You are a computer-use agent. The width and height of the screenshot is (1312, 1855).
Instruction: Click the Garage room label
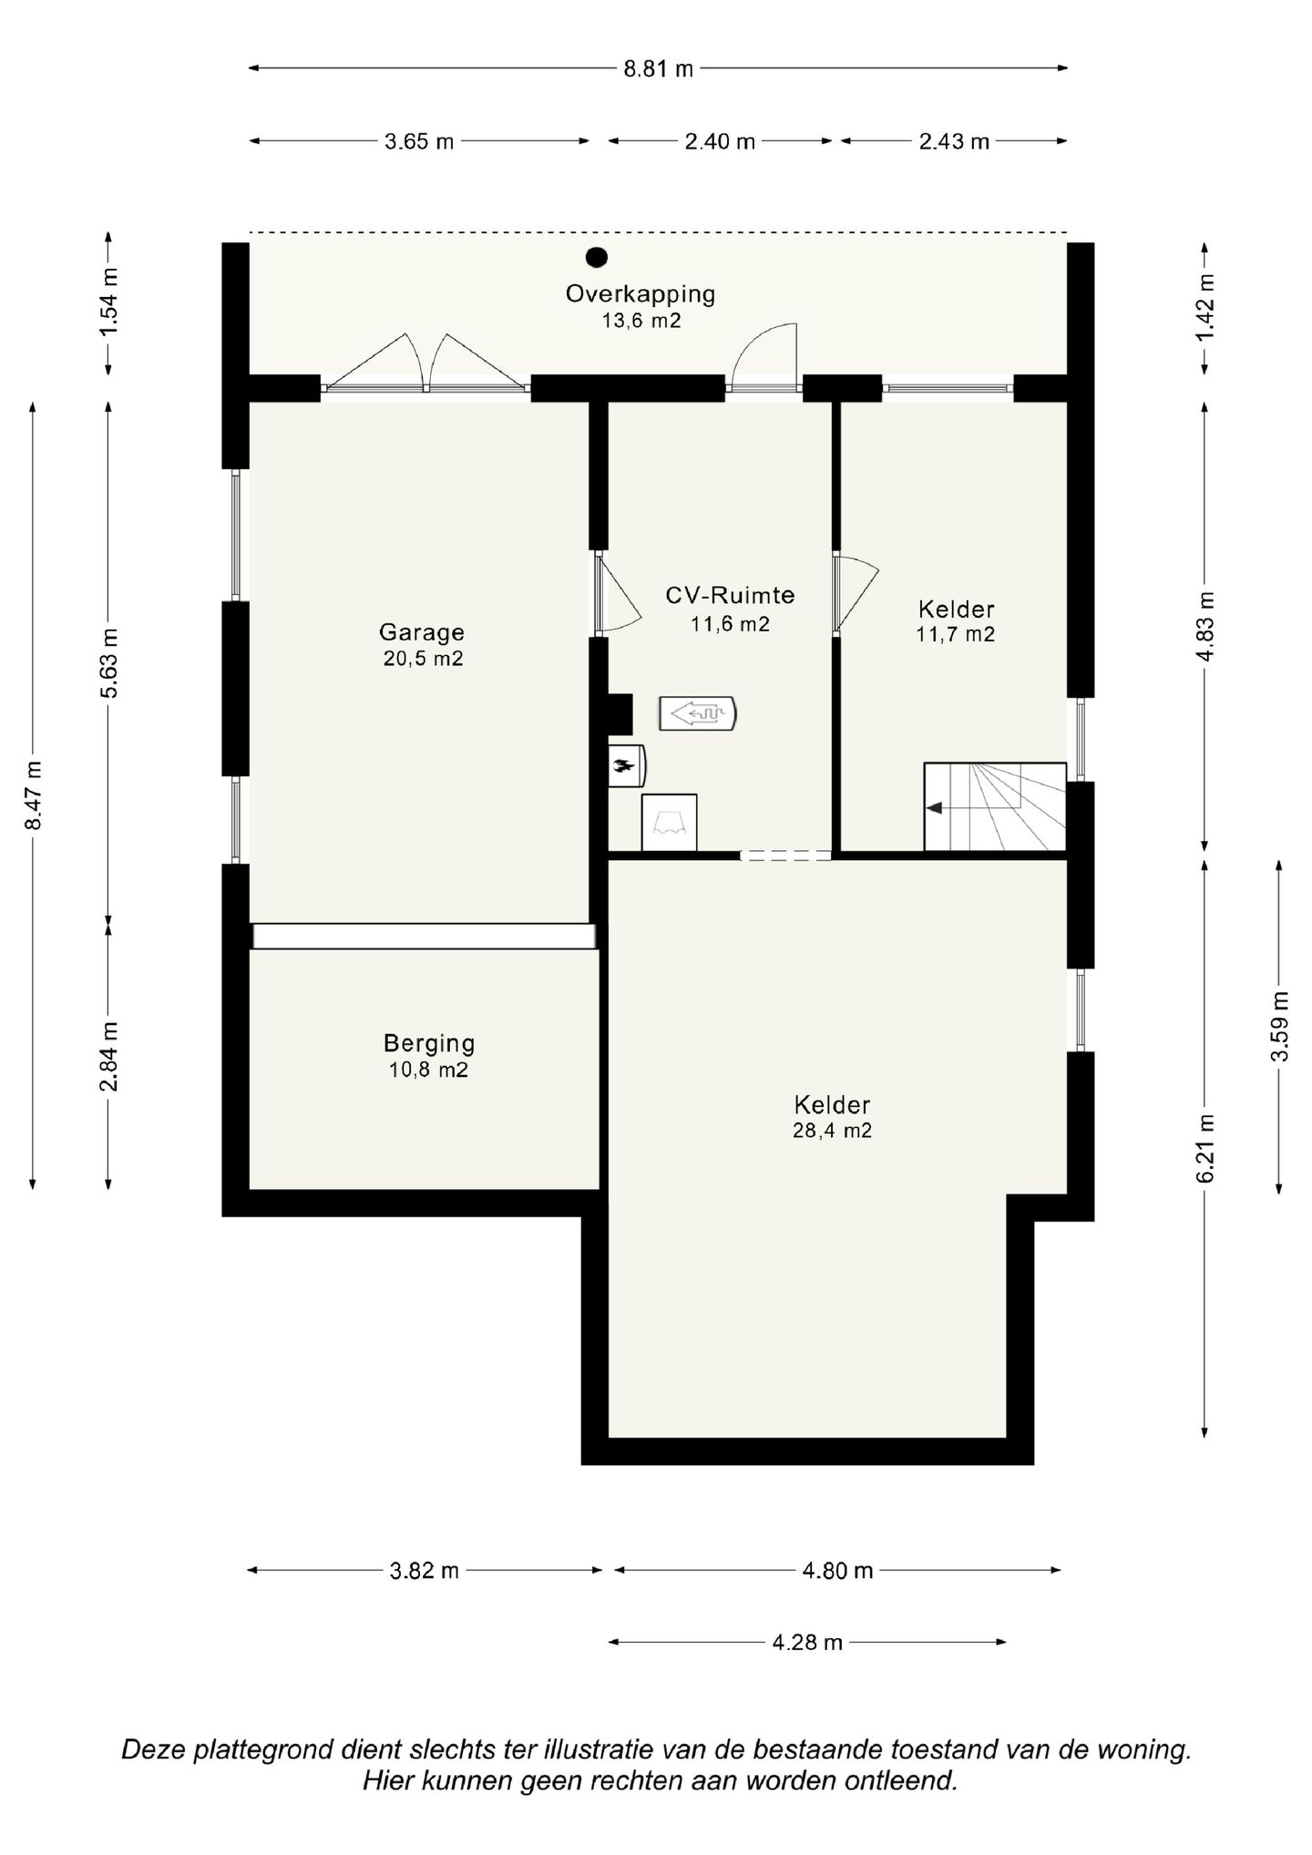click(422, 631)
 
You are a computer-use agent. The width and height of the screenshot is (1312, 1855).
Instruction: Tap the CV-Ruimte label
click(730, 595)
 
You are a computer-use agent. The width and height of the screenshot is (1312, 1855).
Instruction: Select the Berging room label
click(429, 1043)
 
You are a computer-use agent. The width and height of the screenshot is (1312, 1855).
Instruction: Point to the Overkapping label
click(641, 294)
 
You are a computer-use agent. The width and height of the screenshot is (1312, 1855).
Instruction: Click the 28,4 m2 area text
click(832, 1131)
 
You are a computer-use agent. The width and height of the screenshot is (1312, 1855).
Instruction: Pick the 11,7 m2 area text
click(956, 634)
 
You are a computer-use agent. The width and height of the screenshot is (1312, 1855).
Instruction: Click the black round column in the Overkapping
click(597, 258)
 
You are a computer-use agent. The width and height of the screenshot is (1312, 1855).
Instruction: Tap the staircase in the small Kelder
click(995, 806)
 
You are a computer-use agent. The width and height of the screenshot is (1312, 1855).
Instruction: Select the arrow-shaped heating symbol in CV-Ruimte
click(697, 714)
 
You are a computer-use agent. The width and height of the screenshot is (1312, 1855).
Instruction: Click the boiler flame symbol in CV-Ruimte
click(626, 765)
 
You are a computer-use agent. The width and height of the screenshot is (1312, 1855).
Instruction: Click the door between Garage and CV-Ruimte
click(620, 593)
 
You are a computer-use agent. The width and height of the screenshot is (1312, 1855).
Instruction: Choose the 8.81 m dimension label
click(659, 68)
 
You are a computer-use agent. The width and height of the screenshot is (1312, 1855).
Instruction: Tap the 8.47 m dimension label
click(34, 795)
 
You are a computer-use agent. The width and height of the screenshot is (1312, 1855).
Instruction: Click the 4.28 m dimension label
click(807, 1643)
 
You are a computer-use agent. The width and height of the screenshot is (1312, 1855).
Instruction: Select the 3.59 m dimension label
click(1280, 1026)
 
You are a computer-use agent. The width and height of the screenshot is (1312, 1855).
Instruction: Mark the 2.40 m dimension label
click(720, 141)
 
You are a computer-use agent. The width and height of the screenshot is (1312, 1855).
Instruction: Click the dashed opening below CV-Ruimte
click(785, 856)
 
